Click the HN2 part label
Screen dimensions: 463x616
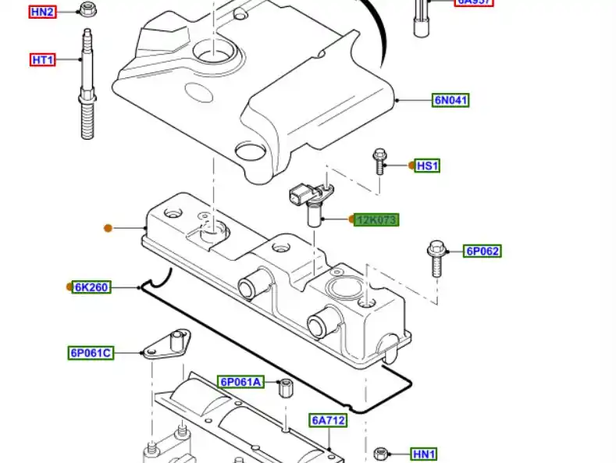coord(42,12)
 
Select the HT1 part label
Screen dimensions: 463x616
coord(42,59)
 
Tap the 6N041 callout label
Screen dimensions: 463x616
coord(451,100)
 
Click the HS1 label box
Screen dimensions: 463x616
coord(427,166)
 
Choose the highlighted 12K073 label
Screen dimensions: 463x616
coord(377,220)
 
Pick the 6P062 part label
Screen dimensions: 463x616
coord(482,251)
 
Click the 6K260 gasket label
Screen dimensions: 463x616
coord(91,287)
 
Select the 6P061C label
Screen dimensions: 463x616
coord(91,353)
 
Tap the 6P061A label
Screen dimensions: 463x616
coord(240,382)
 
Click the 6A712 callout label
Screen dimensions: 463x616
coord(328,420)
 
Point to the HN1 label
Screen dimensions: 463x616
coord(424,454)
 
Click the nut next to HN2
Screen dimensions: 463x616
coord(87,10)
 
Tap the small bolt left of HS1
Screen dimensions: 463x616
coord(379,161)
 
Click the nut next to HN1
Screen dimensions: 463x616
coord(381,454)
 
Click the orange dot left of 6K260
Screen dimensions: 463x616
coord(69,287)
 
